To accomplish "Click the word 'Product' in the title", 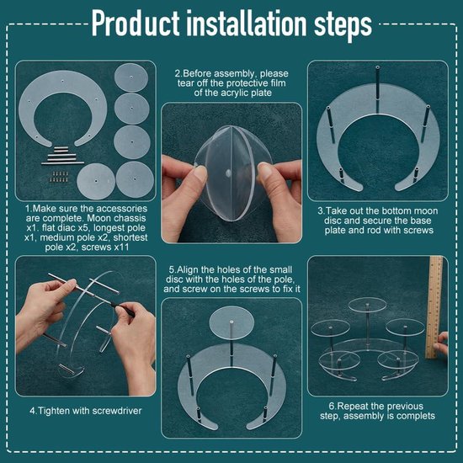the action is [x=136, y=24].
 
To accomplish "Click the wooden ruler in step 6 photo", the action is [x=434, y=306].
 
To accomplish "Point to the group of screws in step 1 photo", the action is [x=59, y=177].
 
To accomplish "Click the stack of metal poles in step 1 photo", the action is [x=62, y=156].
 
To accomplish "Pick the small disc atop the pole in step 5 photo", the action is [x=231, y=322].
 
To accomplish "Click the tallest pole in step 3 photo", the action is [x=378, y=89].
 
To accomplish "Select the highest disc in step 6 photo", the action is [x=367, y=305].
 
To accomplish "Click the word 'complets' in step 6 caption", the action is [x=416, y=416].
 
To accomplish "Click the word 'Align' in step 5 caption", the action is [x=188, y=269].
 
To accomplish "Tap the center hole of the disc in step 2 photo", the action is [x=228, y=173].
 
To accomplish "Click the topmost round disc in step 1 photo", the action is [x=131, y=77].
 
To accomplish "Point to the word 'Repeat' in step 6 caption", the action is [x=353, y=407].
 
